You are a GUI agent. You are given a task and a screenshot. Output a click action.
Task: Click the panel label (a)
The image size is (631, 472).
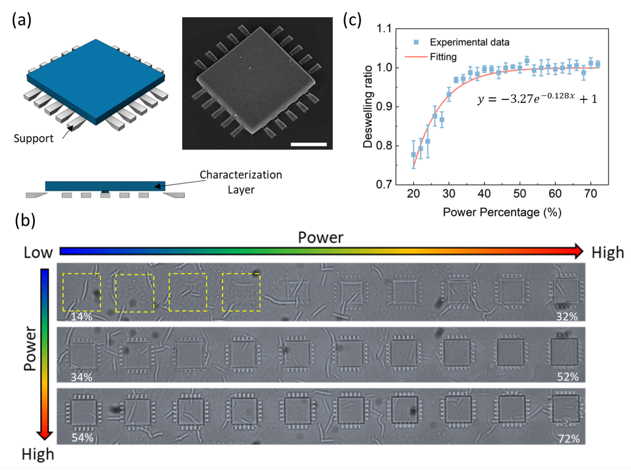(x=22, y=21)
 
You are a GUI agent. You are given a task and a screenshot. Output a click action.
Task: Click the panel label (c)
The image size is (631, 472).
(x=352, y=21)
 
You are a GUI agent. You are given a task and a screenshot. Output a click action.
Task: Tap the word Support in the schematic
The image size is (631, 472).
(x=33, y=139)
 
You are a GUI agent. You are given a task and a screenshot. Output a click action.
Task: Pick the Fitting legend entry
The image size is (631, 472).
(x=443, y=57)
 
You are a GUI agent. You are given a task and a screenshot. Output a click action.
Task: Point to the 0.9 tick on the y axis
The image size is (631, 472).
(x=384, y=107)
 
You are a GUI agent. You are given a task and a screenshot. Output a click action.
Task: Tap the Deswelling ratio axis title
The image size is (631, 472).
(x=368, y=107)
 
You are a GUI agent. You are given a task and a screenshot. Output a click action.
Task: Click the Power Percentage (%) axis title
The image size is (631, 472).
(x=502, y=212)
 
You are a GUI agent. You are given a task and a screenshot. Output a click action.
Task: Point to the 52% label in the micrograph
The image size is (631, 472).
(x=568, y=377)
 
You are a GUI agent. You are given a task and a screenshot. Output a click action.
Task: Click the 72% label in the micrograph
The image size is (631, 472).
(x=569, y=439)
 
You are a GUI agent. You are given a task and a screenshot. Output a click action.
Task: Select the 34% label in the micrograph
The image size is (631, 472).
(x=82, y=377)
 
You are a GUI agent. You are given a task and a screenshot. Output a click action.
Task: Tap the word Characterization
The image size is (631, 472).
(x=241, y=175)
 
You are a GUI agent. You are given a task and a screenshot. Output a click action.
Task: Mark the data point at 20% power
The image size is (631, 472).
(x=413, y=154)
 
